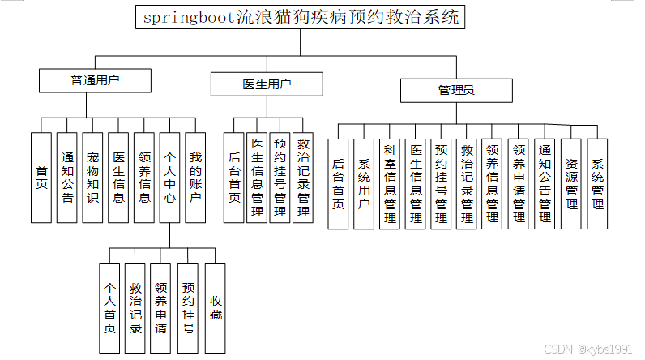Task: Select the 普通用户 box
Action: click(x=95, y=80)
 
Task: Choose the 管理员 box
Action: click(x=456, y=90)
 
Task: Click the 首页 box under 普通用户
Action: click(x=41, y=178)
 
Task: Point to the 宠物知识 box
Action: click(x=92, y=178)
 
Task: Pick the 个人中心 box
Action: click(x=169, y=178)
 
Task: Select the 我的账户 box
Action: click(x=194, y=178)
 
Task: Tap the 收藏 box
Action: click(x=215, y=309)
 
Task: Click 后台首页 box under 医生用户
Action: click(x=233, y=178)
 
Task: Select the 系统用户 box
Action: click(x=364, y=184)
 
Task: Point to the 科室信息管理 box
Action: click(x=390, y=184)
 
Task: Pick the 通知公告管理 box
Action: click(x=545, y=184)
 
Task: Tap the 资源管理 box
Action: click(x=571, y=184)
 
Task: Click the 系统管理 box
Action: click(x=597, y=184)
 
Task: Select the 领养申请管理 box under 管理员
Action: click(x=519, y=184)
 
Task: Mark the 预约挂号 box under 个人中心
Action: click(x=188, y=309)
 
